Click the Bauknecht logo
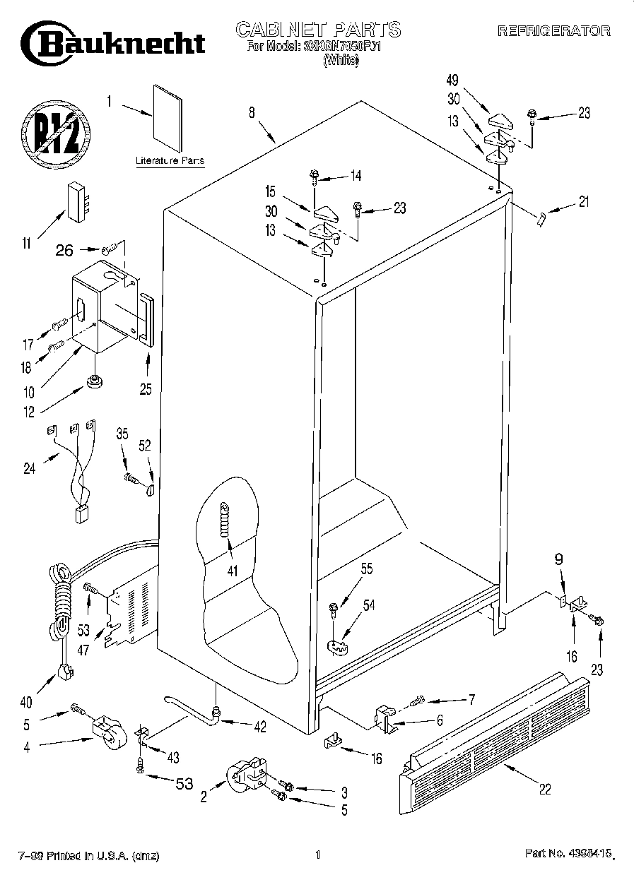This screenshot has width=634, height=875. (113, 42)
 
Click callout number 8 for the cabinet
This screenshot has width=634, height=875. (252, 111)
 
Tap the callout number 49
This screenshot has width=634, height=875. (453, 79)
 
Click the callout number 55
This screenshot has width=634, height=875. (367, 567)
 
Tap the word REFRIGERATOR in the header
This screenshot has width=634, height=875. (553, 31)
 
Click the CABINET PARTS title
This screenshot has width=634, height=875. (317, 29)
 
